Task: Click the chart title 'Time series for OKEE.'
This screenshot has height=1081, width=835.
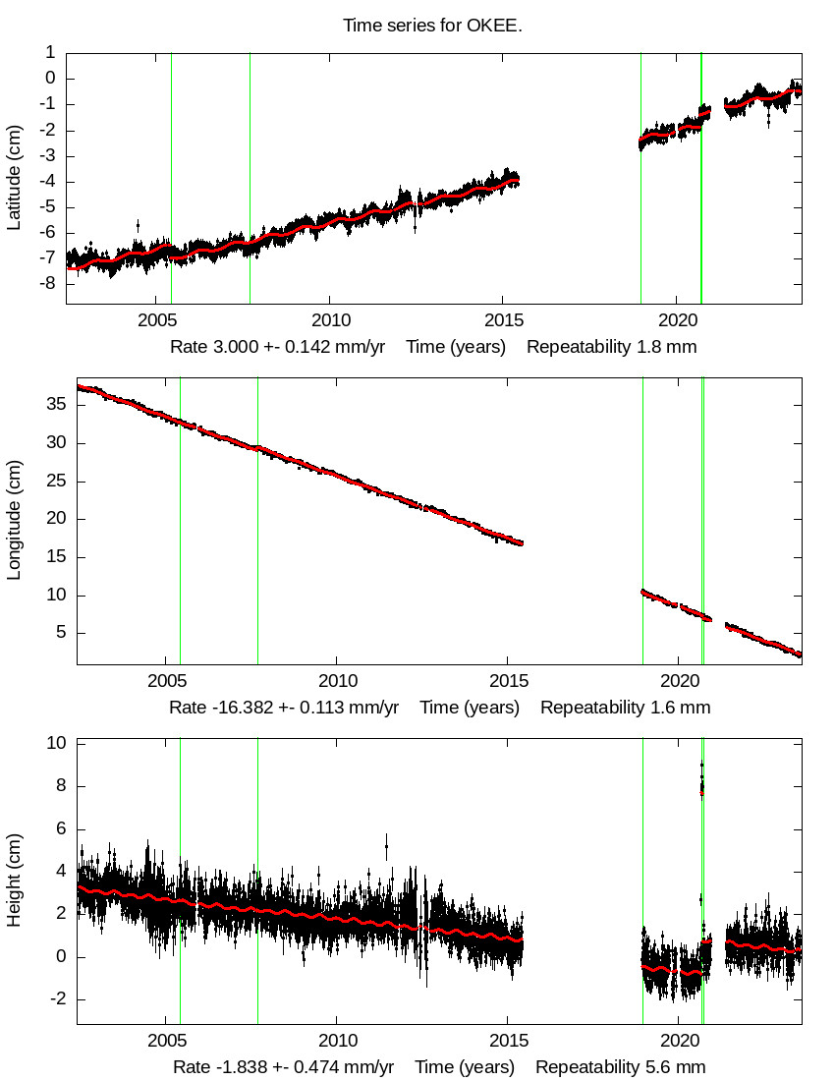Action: point(432,26)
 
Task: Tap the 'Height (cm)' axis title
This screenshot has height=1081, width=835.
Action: point(14,880)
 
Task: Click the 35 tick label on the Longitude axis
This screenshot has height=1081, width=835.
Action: point(57,404)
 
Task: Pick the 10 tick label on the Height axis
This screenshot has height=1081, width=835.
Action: point(57,743)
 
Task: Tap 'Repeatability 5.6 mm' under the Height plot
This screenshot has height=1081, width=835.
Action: point(620,1067)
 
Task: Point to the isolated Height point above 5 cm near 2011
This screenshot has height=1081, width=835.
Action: point(386,845)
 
